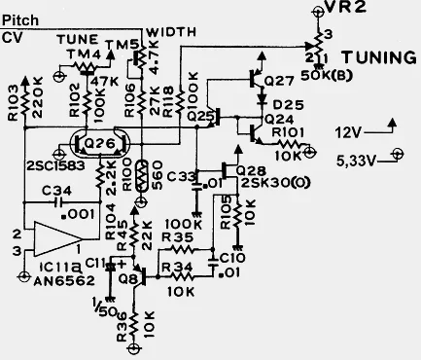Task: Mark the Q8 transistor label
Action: pyautogui.click(x=125, y=280)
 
